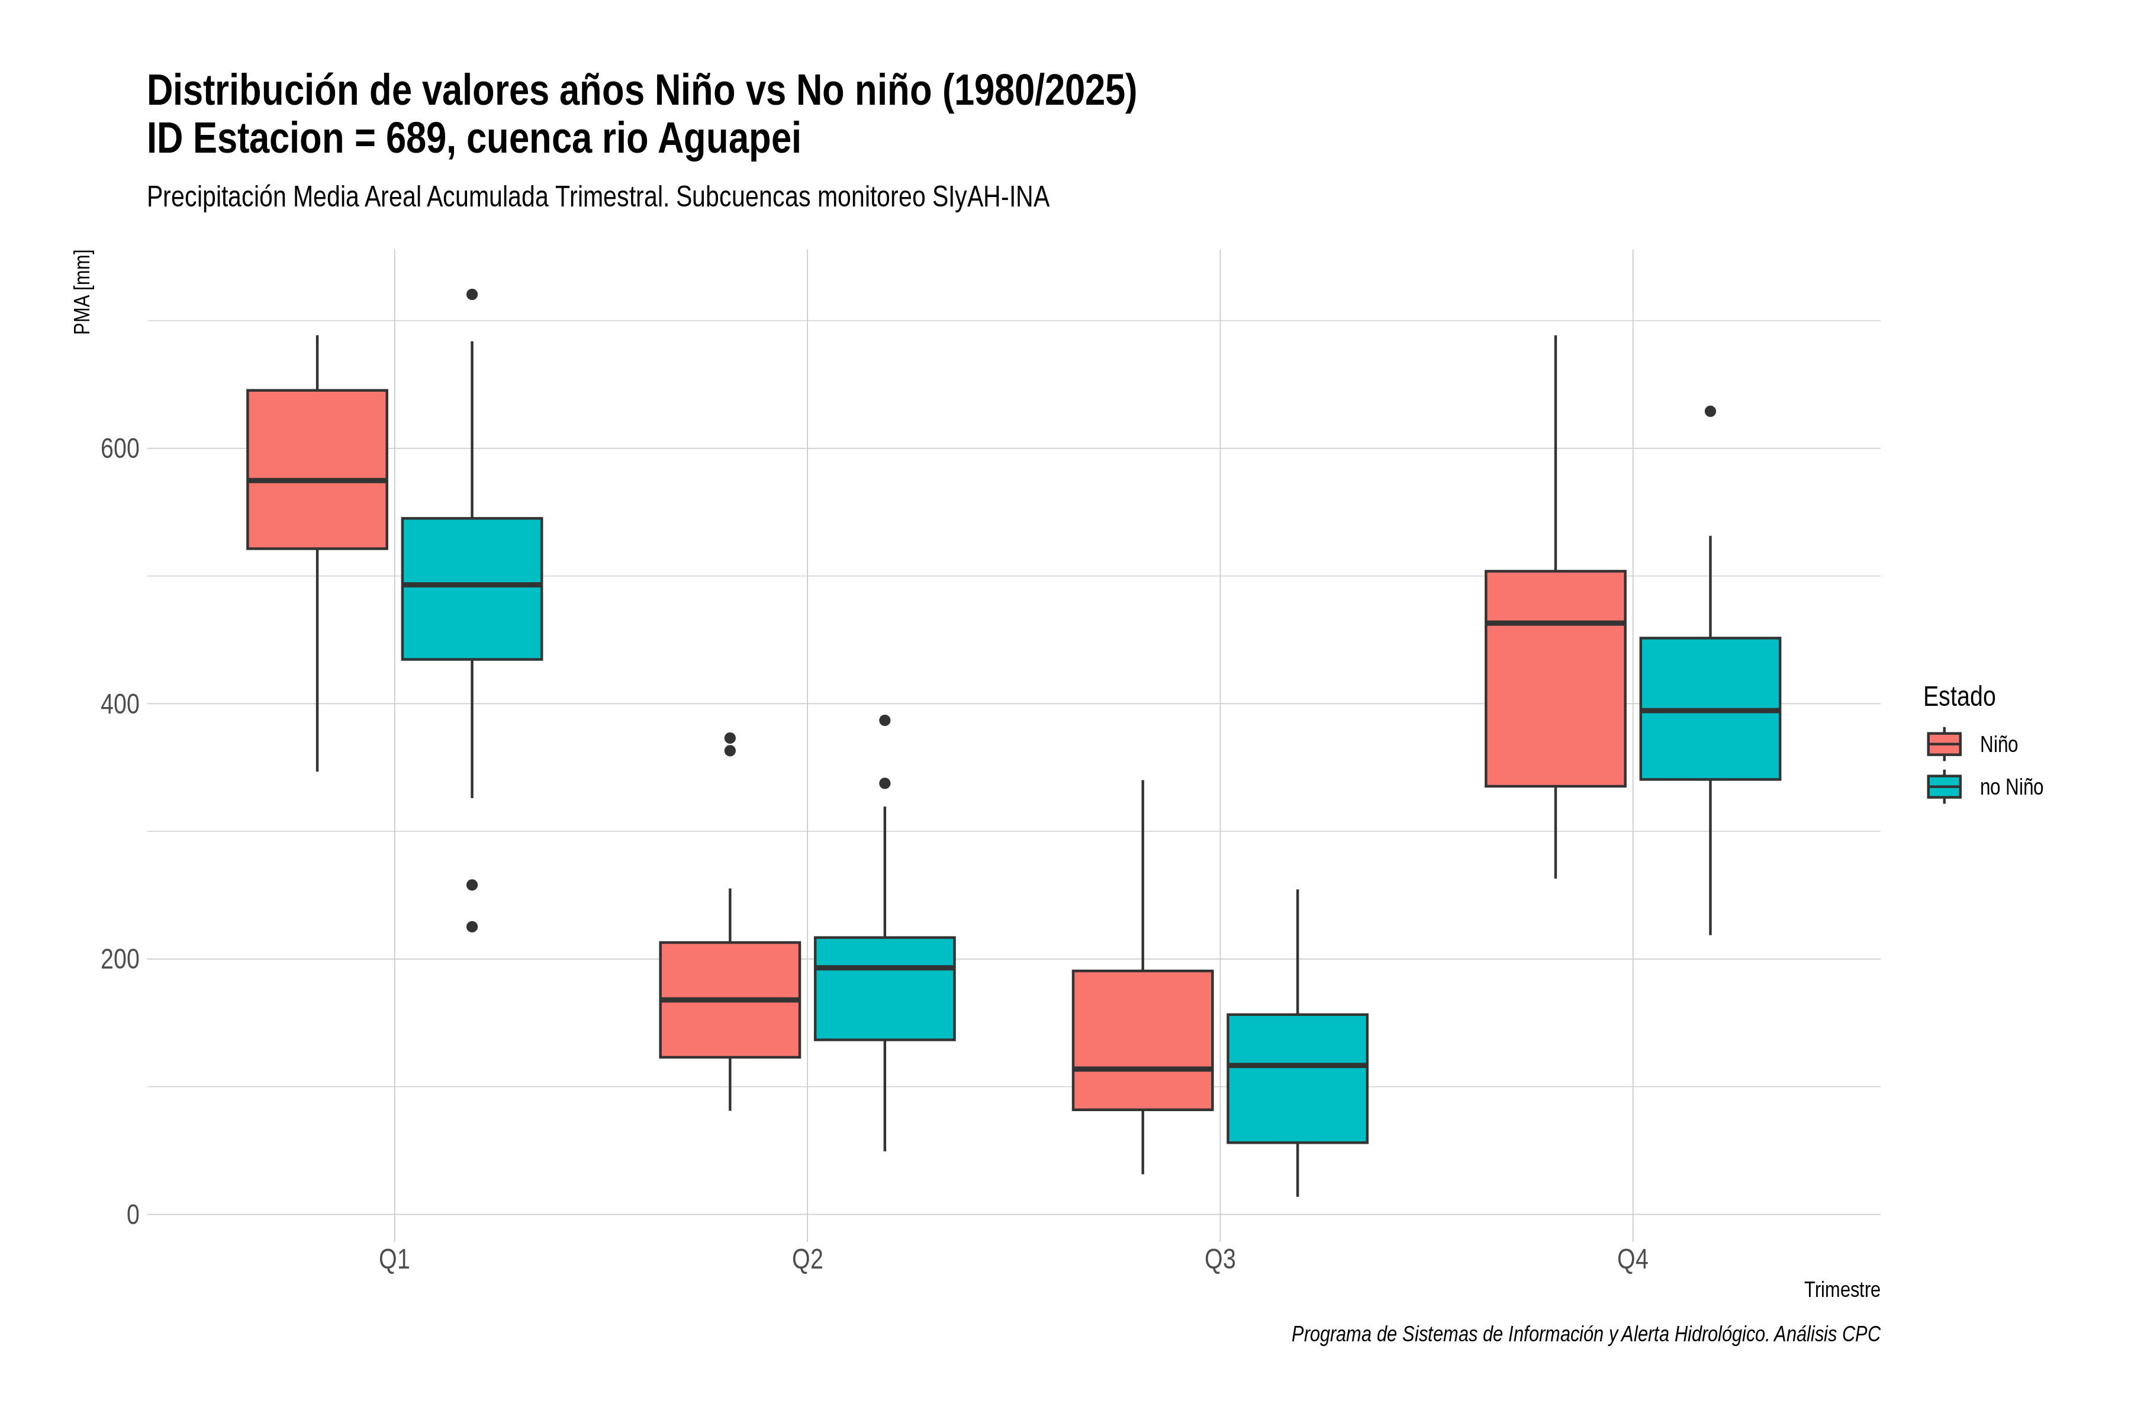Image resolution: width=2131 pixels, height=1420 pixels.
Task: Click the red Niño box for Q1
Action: pyautogui.click(x=317, y=469)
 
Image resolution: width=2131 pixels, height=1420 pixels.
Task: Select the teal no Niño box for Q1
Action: pyautogui.click(x=472, y=589)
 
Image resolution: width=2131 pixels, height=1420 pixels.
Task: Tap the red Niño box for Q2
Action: pyautogui.click(x=730, y=1000)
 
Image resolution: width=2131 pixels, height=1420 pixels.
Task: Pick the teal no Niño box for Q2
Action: pyautogui.click(x=884, y=988)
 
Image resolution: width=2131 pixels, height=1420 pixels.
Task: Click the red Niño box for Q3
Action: pyautogui.click(x=1142, y=1040)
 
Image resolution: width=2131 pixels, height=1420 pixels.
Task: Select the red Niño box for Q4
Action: pyautogui.click(x=1556, y=678)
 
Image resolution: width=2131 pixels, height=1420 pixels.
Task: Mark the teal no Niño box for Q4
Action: pyautogui.click(x=1711, y=708)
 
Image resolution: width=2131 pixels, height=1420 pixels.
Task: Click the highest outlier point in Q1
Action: pyautogui.click(x=472, y=294)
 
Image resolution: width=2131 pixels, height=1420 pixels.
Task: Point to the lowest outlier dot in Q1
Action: pyautogui.click(x=472, y=927)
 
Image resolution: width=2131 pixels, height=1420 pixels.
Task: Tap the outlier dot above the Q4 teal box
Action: pyautogui.click(x=1711, y=411)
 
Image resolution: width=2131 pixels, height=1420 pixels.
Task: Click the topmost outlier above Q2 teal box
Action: pyautogui.click(x=884, y=720)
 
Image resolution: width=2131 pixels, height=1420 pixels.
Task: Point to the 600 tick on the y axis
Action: pyautogui.click(x=120, y=448)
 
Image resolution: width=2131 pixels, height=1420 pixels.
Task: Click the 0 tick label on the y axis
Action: pyautogui.click(x=133, y=1215)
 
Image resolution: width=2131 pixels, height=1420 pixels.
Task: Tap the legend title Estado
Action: pyautogui.click(x=1959, y=696)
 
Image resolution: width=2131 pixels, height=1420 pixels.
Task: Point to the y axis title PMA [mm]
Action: pyautogui.click(x=82, y=292)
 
